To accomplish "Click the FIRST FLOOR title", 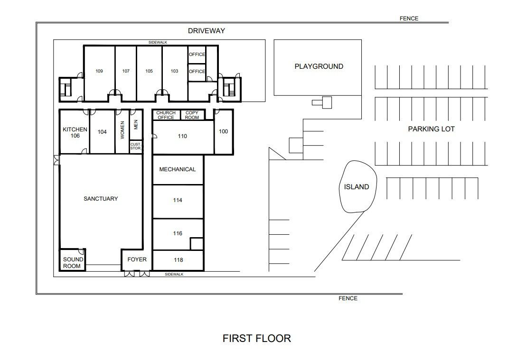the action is (256, 338).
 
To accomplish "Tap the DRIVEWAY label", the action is (207, 31).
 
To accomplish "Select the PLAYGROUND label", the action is (319, 66).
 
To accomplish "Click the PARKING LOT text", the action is (431, 129).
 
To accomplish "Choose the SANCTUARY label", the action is (101, 199).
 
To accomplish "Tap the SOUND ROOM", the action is (73, 259).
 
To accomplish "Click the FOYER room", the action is (137, 260).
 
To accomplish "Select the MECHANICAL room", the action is (178, 170).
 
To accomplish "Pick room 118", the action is (178, 260).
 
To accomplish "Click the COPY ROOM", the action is (192, 115).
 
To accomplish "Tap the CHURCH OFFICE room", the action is (166, 115).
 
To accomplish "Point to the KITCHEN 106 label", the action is (75, 132).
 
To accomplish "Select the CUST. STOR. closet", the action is (136, 147).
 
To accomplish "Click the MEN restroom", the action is (136, 125).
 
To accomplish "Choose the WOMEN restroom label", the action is (122, 130).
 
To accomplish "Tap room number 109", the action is (99, 71).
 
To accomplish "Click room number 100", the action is (224, 131).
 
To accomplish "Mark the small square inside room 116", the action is (197, 244).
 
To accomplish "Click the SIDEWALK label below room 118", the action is (174, 274).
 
